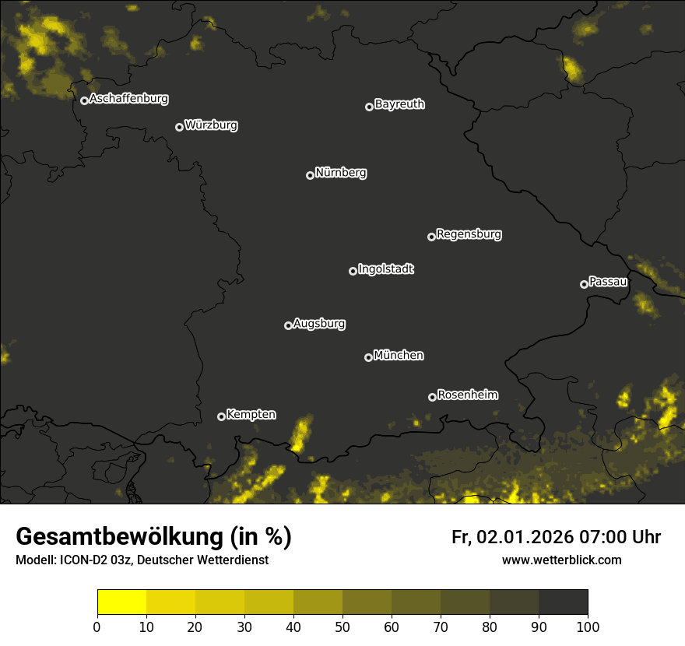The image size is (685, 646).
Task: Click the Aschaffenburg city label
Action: (x=128, y=99)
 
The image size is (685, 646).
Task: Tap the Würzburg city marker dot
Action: (x=179, y=127)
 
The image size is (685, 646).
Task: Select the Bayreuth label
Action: (x=399, y=104)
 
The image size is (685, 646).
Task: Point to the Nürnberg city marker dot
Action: (x=310, y=175)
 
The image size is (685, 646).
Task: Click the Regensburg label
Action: (x=469, y=233)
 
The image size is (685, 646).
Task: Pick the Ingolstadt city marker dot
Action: (x=353, y=271)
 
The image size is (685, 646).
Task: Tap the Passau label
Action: (x=608, y=282)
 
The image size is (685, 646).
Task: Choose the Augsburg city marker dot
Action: (x=288, y=325)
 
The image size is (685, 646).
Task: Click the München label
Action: (x=399, y=356)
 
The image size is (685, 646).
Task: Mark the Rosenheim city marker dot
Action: (x=432, y=397)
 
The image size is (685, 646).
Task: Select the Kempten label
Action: (x=251, y=415)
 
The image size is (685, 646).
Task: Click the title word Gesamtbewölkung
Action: (x=119, y=536)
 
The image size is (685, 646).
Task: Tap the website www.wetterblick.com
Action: (x=561, y=560)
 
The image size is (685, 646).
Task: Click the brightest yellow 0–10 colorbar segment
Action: (x=121, y=602)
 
